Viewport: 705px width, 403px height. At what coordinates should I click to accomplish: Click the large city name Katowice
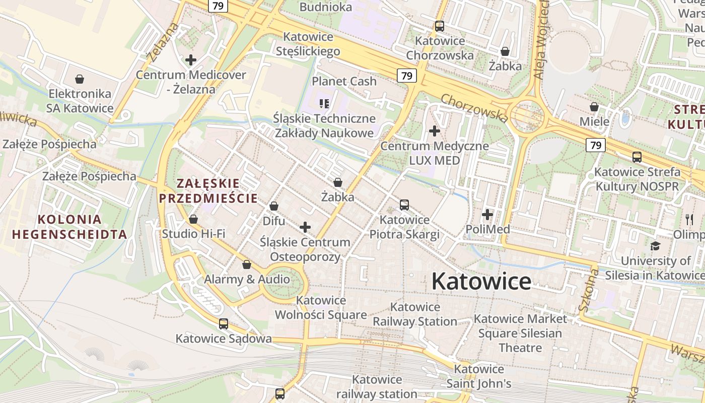(x=481, y=281)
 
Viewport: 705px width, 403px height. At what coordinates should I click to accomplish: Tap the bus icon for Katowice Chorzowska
(x=440, y=26)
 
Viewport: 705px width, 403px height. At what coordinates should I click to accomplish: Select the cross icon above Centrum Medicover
(x=191, y=60)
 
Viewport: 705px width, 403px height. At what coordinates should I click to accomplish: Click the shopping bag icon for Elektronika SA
(x=80, y=79)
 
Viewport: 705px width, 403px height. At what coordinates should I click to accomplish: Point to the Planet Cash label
(x=344, y=81)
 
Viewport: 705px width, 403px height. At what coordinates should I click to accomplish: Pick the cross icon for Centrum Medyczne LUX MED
(x=434, y=131)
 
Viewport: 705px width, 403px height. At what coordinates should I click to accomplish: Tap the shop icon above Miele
(x=594, y=107)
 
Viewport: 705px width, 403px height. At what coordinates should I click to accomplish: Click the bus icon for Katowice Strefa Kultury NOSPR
(x=637, y=157)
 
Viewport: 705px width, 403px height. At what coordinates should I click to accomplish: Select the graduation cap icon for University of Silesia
(x=655, y=246)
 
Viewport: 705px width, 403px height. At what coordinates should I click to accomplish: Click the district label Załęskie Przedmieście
(x=208, y=190)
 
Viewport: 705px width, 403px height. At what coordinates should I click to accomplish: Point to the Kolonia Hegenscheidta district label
(x=69, y=227)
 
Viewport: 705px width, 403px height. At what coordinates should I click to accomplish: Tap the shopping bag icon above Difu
(x=274, y=206)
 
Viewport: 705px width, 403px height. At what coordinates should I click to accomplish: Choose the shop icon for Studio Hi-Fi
(x=193, y=219)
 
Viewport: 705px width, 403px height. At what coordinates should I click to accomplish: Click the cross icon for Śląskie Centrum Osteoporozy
(x=305, y=227)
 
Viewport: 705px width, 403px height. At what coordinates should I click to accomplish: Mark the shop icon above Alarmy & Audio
(x=247, y=264)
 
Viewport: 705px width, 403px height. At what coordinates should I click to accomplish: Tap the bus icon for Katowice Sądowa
(x=224, y=323)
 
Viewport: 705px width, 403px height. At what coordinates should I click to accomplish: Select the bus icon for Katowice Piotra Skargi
(x=404, y=205)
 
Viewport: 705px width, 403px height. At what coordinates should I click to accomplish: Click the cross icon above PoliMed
(x=487, y=215)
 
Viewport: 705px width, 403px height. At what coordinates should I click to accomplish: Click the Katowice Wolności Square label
(x=321, y=308)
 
